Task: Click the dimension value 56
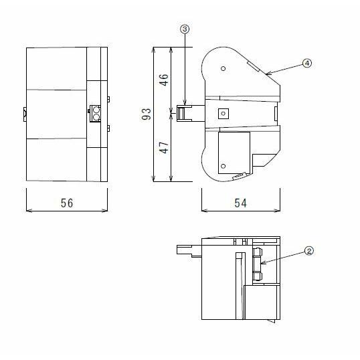tap(66, 203)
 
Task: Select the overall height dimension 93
tap(147, 115)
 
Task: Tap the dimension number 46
tap(163, 78)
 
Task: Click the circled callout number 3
tap(184, 29)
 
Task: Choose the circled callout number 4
tap(306, 63)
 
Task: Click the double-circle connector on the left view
tap(96, 114)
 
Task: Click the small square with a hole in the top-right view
tap(223, 114)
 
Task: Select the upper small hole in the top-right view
tap(223, 68)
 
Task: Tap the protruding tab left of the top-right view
tap(189, 114)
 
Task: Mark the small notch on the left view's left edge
tap(24, 114)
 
